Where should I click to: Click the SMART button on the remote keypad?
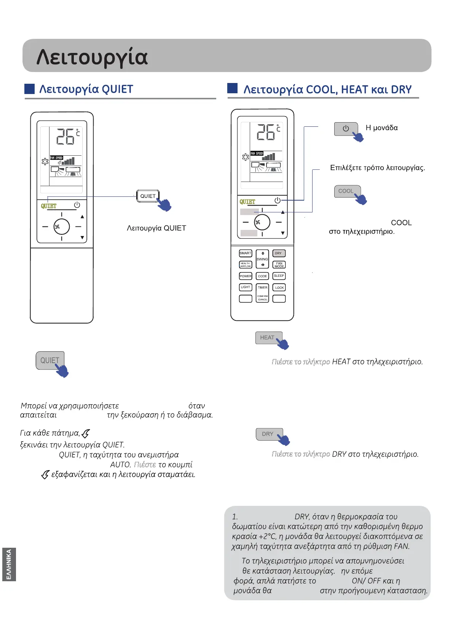245,253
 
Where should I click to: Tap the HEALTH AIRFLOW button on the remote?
245,265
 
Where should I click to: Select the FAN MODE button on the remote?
279,265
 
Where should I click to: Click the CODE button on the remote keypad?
262,276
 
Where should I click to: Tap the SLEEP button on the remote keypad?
279,276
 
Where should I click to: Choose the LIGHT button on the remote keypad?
245,287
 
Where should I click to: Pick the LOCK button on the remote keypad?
279,288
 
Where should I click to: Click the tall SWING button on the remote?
262,259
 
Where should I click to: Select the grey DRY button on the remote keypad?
279,253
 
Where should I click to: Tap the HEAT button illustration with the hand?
268,338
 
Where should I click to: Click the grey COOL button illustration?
346,191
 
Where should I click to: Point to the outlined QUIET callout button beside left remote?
148,196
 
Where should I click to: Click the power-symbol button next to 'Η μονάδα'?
346,129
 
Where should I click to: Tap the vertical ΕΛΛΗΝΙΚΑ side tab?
9,564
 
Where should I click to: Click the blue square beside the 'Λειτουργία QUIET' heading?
29,89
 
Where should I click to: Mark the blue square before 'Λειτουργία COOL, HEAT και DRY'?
232,88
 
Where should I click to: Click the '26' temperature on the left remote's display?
65,137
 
